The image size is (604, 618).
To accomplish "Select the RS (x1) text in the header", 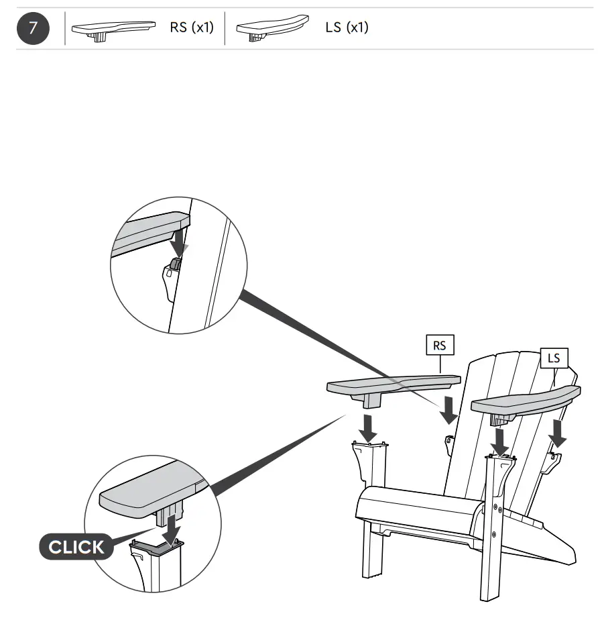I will point(191,28).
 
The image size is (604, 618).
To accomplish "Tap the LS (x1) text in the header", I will point(347,28).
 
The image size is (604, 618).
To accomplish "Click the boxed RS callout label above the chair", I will point(440,346).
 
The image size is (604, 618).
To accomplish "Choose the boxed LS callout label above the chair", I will point(554,358).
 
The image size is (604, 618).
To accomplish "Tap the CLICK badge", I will point(76,547).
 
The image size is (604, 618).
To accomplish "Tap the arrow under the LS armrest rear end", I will point(556,433).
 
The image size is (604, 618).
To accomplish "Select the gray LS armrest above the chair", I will point(526,400).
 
